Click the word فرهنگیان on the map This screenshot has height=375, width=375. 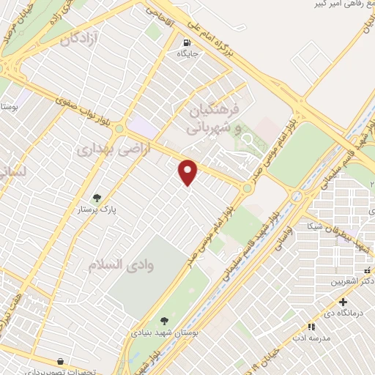tap(214, 111)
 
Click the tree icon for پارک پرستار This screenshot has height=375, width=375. tap(96, 197)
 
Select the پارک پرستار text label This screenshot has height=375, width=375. tap(97, 209)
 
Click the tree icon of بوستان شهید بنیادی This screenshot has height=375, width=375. tap(163, 320)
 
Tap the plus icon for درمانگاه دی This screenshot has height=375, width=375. tap(344, 301)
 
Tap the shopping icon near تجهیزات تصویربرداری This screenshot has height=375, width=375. tap(59, 361)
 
